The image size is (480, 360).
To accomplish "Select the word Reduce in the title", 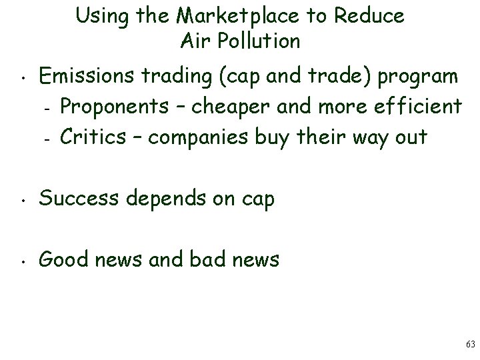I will [370, 16].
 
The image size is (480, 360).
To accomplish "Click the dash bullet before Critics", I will [47, 138].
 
